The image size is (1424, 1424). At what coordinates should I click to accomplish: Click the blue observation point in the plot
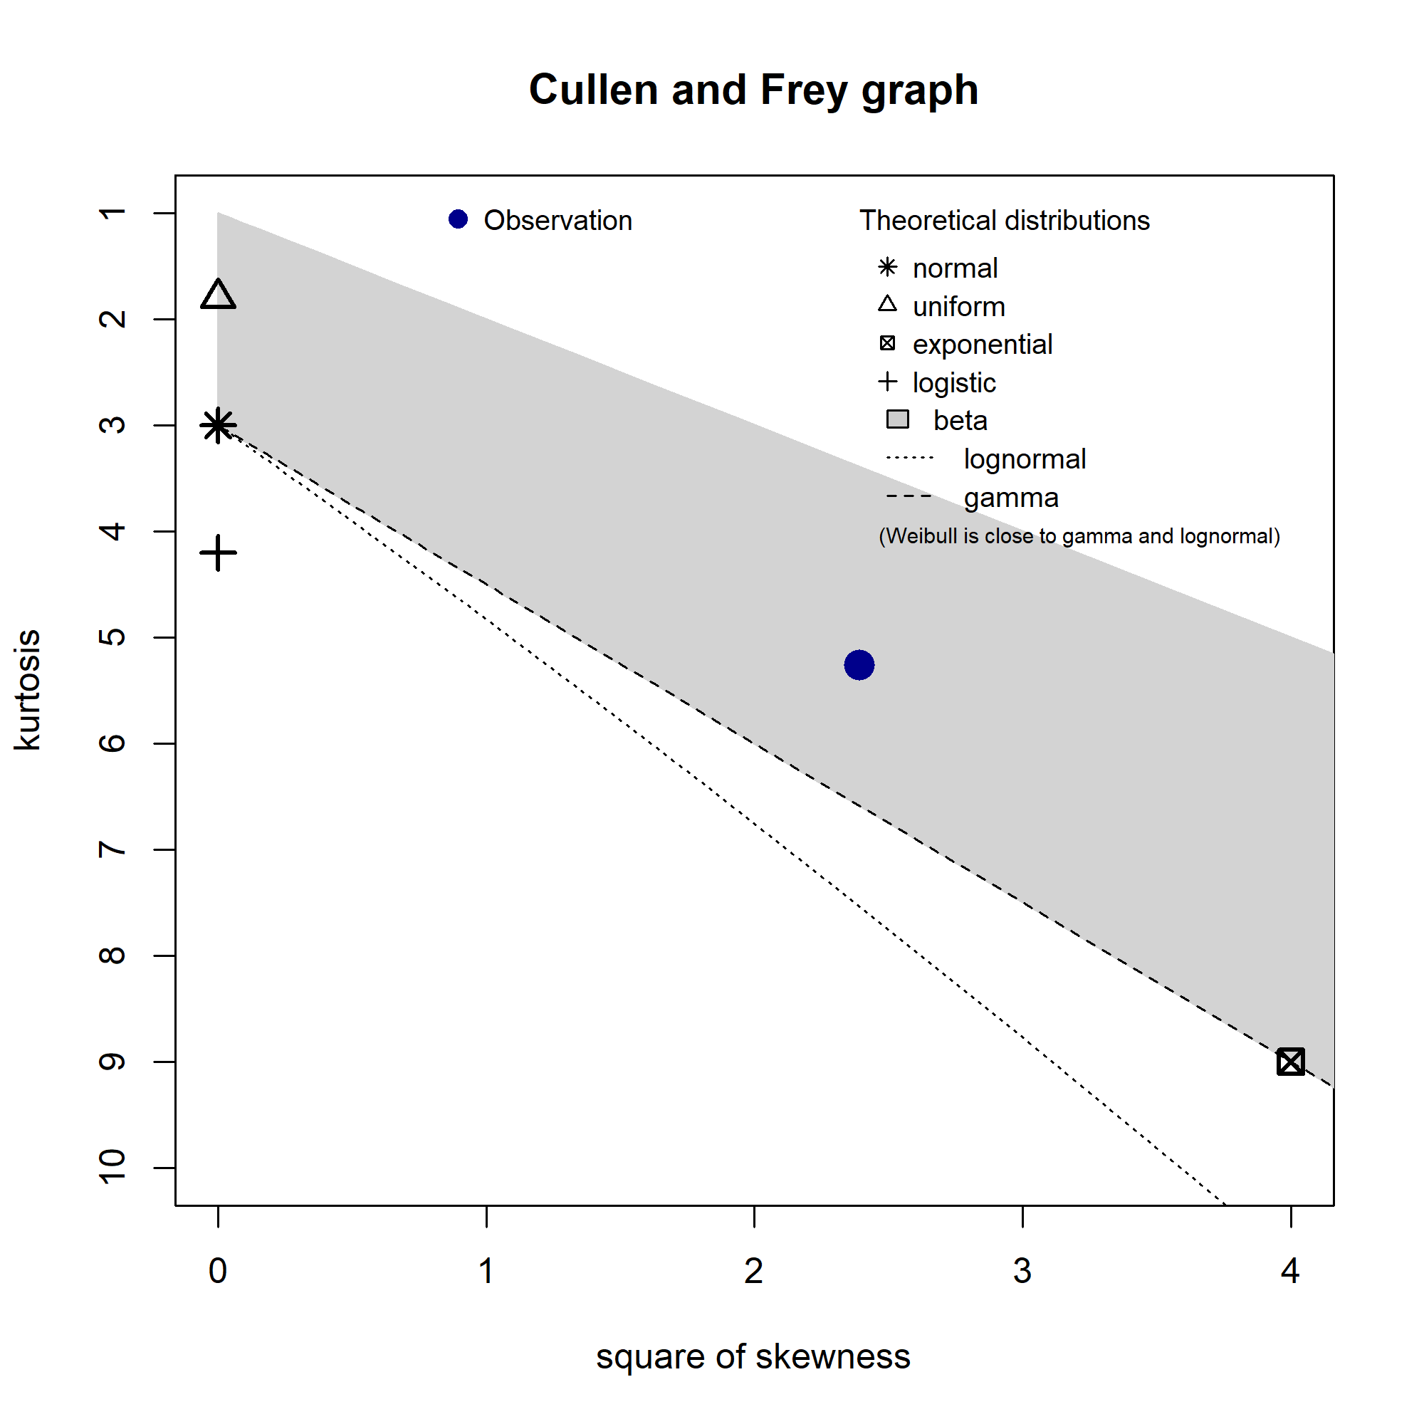click(x=859, y=665)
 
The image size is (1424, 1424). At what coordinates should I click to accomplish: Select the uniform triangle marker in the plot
click(x=218, y=295)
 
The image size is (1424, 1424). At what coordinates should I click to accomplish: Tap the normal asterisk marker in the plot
click(x=218, y=425)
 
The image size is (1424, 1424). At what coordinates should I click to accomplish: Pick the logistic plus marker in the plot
click(x=218, y=553)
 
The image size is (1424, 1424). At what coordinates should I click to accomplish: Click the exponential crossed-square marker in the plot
click(x=1291, y=1062)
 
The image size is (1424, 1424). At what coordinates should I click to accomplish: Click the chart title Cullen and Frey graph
click(x=753, y=90)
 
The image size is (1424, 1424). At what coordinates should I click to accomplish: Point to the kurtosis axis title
click(x=28, y=690)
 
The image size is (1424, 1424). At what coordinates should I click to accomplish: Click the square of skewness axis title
click(x=753, y=1356)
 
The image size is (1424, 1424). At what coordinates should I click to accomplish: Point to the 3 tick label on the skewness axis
click(x=1022, y=1271)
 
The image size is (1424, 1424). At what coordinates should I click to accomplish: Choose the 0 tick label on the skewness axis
click(x=218, y=1271)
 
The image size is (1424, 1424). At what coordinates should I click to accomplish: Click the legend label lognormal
click(x=1025, y=459)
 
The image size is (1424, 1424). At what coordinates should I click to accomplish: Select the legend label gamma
click(x=1011, y=498)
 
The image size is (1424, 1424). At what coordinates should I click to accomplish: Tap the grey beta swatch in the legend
click(x=897, y=420)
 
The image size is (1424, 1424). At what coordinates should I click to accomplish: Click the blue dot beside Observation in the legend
click(x=459, y=219)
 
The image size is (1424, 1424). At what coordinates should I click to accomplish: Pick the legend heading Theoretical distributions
click(x=1005, y=221)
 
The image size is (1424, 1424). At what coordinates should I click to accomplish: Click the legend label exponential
click(x=983, y=344)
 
